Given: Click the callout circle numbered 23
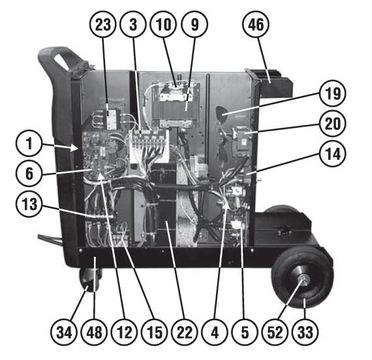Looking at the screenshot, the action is pos(102,24).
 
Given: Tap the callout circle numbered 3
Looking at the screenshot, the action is pos(133,24).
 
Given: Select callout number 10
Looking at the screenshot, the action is pos(163,24).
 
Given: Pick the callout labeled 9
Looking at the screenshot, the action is pos(194,24).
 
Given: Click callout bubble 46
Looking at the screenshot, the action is pos(256,24).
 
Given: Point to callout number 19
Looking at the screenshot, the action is pos(333,93).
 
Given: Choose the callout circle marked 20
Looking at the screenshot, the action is pos(333,123).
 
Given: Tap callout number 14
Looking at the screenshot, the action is pos(333,154).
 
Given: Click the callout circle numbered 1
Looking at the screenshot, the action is pos(29,143).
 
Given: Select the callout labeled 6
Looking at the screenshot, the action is pos(29,173).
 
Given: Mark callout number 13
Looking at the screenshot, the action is pos(29,203).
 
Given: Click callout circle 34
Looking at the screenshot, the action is pos(64,332).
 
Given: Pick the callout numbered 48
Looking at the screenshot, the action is pos(94,332).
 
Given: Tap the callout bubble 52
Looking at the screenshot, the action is pos(275,332).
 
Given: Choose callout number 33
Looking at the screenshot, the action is pos(305,332).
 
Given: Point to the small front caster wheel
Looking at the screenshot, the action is pos(89,280).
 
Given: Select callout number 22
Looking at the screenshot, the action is pos(185,332).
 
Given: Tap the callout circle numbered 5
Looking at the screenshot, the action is pos(245,332).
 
